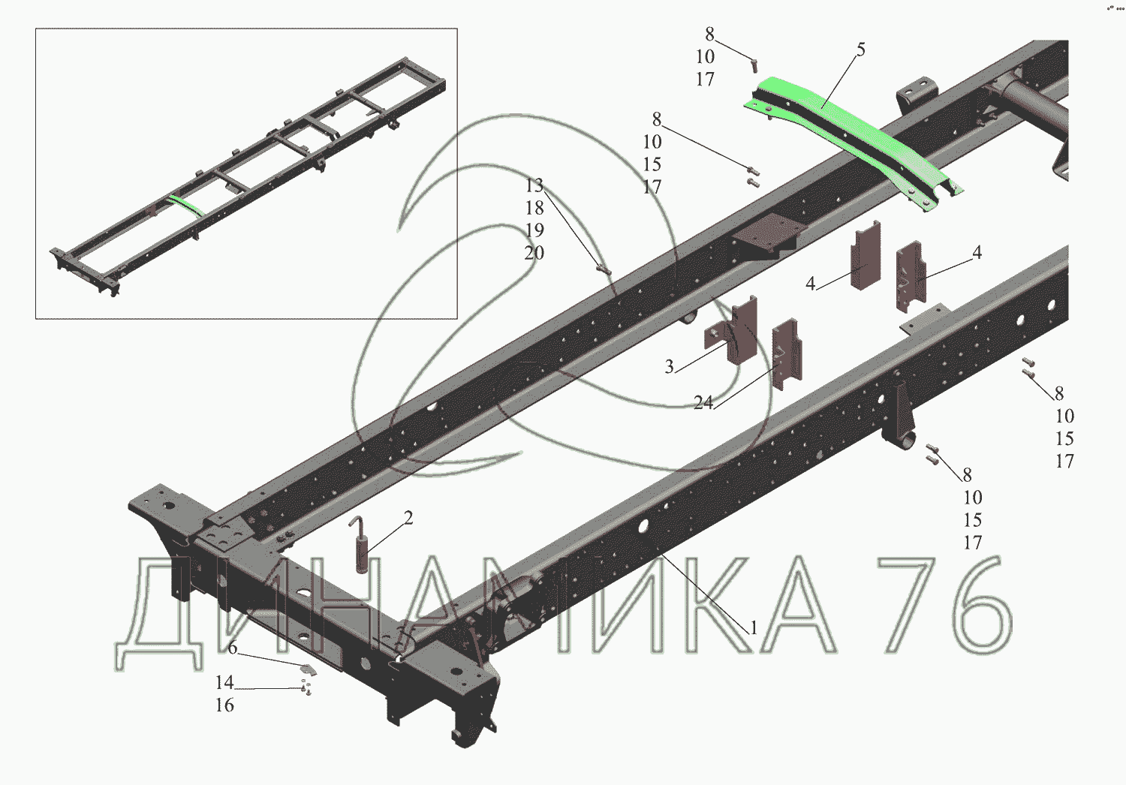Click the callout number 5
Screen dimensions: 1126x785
click(860, 50)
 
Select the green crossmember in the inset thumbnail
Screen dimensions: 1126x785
click(185, 206)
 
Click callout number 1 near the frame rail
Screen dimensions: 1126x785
click(753, 627)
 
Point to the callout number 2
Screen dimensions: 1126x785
click(408, 518)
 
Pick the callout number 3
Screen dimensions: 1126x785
click(669, 366)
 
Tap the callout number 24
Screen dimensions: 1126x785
click(703, 402)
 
